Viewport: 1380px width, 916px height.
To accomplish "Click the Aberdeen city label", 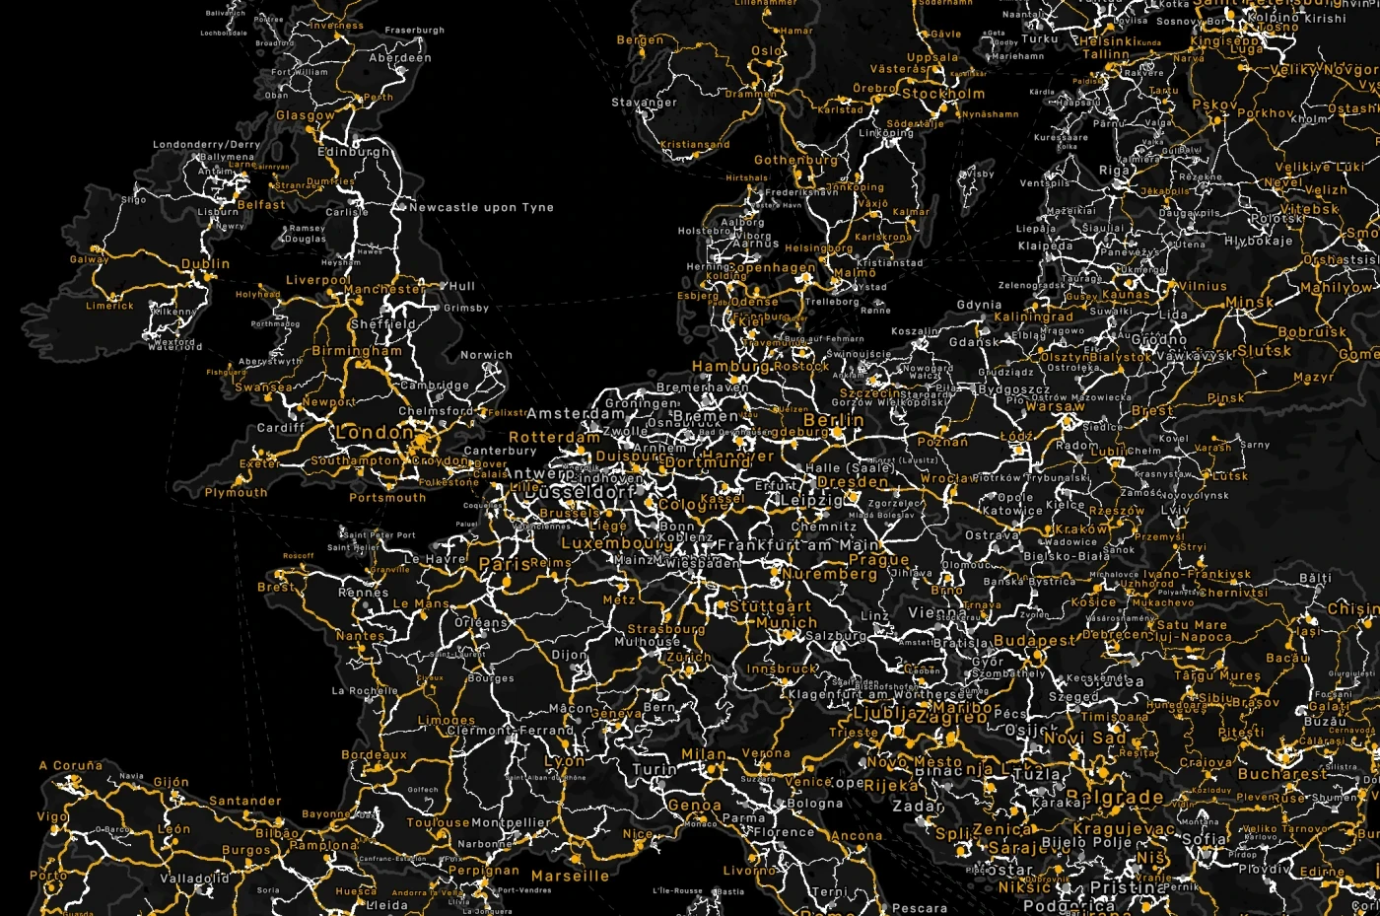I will (x=399, y=58).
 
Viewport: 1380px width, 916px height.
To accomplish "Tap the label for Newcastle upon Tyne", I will (x=481, y=208).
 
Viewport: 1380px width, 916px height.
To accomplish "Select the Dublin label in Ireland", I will (x=205, y=264).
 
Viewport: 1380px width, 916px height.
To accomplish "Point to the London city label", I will (x=375, y=433).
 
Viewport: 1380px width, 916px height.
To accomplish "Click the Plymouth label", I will (x=236, y=493).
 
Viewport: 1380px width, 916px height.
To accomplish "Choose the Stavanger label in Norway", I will (x=644, y=103).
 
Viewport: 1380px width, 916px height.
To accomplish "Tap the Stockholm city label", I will (x=943, y=95).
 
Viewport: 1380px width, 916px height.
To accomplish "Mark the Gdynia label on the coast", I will (x=979, y=306).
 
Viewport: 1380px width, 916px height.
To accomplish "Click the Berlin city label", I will (x=833, y=421).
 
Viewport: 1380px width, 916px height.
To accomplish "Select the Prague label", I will (x=878, y=560).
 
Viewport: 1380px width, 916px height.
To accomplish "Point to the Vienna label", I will (x=936, y=613).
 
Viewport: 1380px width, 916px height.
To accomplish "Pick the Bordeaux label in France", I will (x=374, y=755).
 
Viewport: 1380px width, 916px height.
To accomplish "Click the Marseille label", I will (x=570, y=876).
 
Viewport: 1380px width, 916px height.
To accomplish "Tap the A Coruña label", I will (x=70, y=766).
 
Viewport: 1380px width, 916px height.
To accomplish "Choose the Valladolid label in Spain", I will (x=194, y=878).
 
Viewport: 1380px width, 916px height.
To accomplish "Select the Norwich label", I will (x=486, y=355).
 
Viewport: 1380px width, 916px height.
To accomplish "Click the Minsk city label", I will (x=1249, y=303).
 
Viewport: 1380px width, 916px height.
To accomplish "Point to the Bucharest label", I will (x=1281, y=774).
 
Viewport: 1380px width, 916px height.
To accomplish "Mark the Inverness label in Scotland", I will (x=336, y=26).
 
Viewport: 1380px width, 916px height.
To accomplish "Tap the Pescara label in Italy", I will (x=919, y=908).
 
